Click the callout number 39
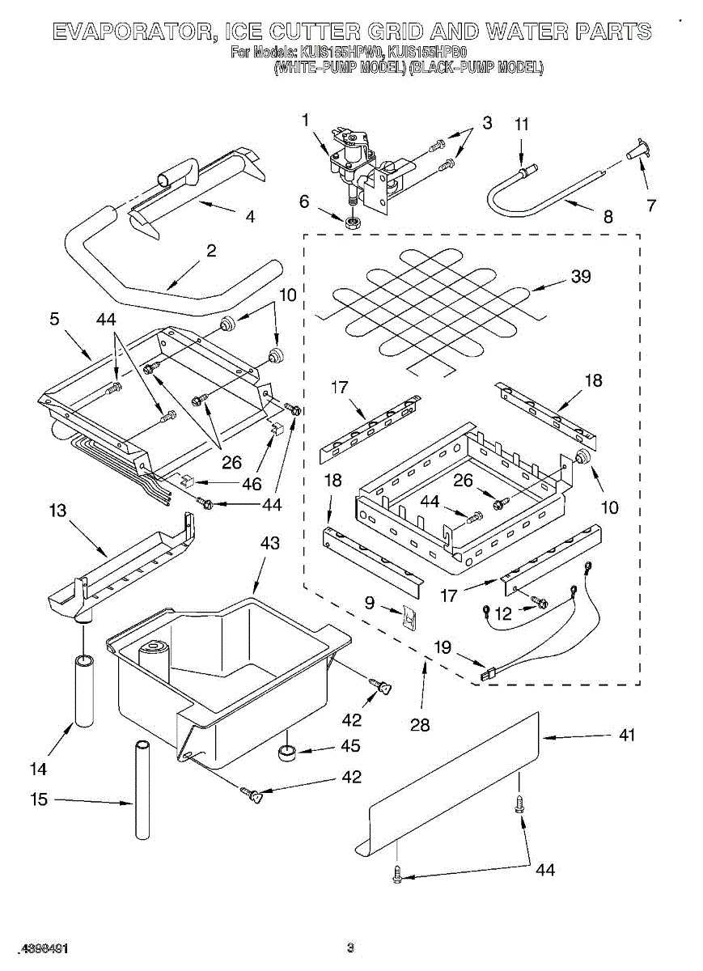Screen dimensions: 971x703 [x=581, y=277]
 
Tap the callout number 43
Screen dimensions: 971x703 [x=269, y=543]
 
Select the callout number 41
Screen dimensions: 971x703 [x=626, y=736]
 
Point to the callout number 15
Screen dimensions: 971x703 [x=40, y=799]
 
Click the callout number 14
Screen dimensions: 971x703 [x=38, y=769]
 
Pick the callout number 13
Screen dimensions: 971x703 [x=57, y=511]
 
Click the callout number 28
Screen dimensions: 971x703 [x=420, y=725]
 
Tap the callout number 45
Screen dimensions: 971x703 [x=350, y=746]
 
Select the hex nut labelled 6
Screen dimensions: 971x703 [x=352, y=222]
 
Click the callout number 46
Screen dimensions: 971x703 [x=252, y=485]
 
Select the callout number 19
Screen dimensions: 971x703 [x=443, y=647]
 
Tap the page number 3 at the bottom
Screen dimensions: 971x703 [x=350, y=948]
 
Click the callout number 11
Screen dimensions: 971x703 [x=522, y=124]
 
